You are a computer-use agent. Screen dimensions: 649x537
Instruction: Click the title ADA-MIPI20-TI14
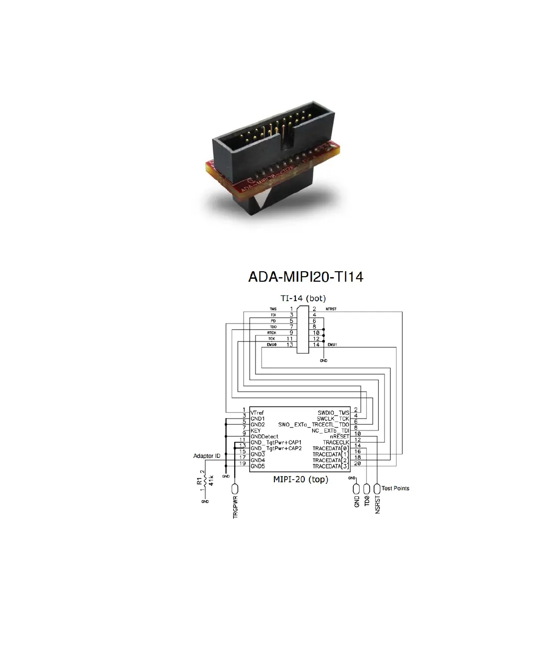click(305, 277)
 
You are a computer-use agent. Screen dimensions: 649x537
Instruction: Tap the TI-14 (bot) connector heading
click(303, 299)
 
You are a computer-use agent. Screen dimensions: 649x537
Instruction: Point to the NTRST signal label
click(331, 309)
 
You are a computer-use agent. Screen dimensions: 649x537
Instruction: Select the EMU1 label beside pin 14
click(332, 344)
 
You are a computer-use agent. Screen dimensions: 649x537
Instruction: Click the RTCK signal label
click(271, 333)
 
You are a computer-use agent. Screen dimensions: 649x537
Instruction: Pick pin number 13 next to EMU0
click(290, 344)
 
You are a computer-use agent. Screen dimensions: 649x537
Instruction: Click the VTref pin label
click(258, 413)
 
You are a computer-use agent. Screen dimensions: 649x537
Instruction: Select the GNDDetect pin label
click(265, 436)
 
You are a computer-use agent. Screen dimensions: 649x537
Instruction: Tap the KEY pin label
click(256, 431)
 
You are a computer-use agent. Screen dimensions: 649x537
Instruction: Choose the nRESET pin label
click(339, 436)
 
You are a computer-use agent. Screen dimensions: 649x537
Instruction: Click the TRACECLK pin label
click(336, 442)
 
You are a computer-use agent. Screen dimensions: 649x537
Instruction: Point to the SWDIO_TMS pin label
click(333, 413)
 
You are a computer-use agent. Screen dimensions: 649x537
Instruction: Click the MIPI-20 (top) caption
click(300, 479)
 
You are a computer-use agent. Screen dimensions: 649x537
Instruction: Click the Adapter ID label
click(207, 456)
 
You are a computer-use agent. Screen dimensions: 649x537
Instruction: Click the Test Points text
click(396, 488)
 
